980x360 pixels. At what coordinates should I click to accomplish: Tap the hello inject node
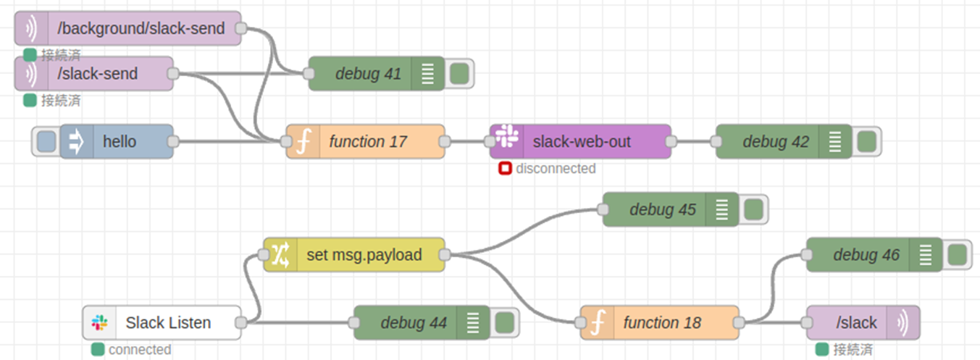[x=120, y=141]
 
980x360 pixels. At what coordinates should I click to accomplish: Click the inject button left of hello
[x=46, y=141]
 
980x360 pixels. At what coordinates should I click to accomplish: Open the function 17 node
[x=367, y=141]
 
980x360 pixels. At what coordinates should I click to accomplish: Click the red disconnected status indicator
[x=505, y=169]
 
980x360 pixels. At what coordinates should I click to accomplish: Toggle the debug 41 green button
[x=458, y=73]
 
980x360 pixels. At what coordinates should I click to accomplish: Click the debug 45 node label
[x=662, y=209]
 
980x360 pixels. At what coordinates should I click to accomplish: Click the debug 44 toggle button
[x=503, y=322]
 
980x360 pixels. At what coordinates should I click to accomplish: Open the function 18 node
[x=661, y=322]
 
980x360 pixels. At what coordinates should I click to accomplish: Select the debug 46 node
[x=866, y=254]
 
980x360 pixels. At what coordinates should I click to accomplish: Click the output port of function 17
[x=444, y=141]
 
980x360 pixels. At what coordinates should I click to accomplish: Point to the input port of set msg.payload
[x=264, y=254]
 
